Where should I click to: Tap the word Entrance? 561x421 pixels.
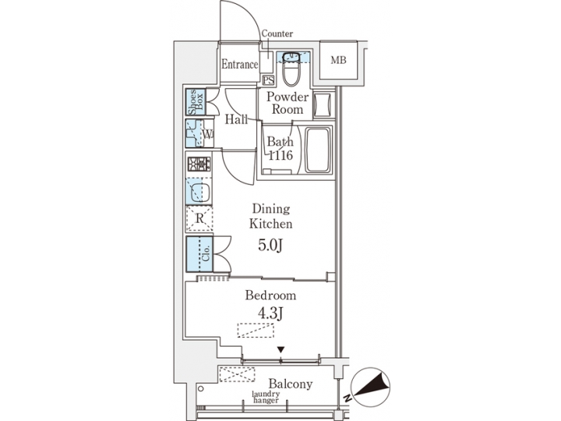point(239,65)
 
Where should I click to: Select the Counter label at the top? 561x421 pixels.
point(277,34)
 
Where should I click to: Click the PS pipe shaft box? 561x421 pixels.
point(268,80)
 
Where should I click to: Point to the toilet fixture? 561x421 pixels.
point(291,71)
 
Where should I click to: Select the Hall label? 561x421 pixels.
point(236,120)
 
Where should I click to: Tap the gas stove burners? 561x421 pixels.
point(199,165)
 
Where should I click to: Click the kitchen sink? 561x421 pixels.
point(198,190)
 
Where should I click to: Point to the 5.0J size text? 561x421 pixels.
point(270,246)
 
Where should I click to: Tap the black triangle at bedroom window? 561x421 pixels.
point(281,350)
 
